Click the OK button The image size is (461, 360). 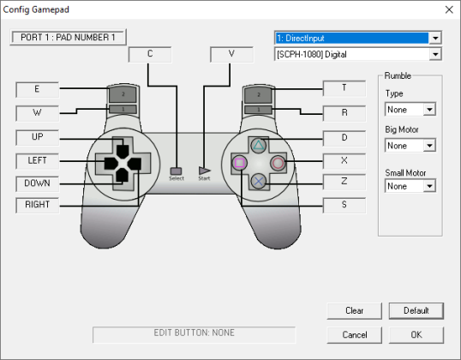click(416, 334)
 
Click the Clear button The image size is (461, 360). click(354, 310)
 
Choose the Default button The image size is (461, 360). click(416, 310)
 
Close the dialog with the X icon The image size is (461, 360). click(449, 9)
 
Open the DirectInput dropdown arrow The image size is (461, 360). click(435, 38)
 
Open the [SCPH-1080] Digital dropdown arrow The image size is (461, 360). click(435, 54)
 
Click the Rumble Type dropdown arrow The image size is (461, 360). click(429, 110)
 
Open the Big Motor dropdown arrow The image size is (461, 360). click(429, 146)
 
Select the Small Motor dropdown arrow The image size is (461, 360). click(429, 186)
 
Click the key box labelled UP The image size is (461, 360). click(38, 137)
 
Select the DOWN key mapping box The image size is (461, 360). click(38, 183)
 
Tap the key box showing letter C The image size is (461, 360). click(150, 54)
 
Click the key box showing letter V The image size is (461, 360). click(231, 54)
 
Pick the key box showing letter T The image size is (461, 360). click(344, 88)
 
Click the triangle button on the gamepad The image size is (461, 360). click(259, 145)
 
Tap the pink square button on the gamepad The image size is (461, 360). click(240, 163)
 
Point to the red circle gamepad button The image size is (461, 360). click(278, 163)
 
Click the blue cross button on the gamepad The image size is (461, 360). click(259, 181)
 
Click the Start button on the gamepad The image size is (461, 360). click(204, 171)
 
